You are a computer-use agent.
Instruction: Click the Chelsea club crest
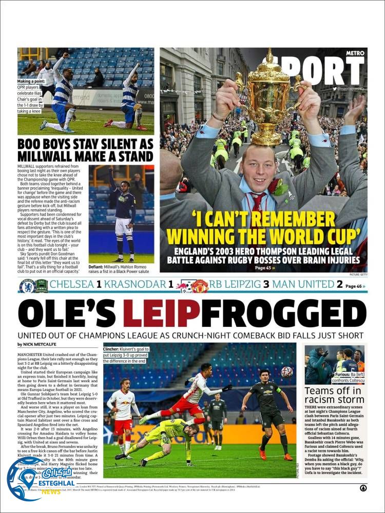click(27, 286)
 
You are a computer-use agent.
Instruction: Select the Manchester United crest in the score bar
click(201, 286)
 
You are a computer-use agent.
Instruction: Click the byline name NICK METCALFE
click(41, 344)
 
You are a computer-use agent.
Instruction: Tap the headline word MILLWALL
click(50, 156)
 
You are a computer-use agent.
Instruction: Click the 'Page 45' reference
click(265, 267)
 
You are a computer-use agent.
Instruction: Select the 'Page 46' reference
click(355, 286)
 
